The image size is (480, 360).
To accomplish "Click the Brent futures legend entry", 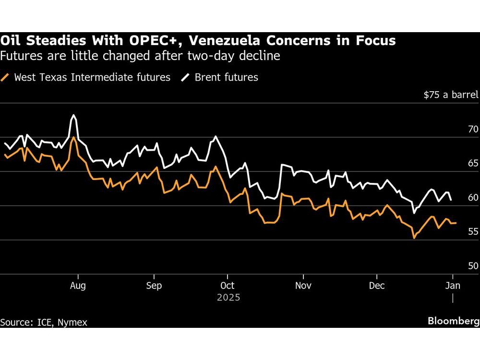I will [x=226, y=77].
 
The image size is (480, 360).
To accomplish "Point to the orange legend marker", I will [x=6, y=77].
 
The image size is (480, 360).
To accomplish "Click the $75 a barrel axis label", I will [x=451, y=95].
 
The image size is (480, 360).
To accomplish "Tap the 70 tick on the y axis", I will [x=473, y=129].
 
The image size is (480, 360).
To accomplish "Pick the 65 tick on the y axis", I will [x=473, y=163].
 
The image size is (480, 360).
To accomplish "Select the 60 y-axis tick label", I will [x=473, y=197].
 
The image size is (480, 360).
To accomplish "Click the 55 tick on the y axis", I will [x=473, y=231].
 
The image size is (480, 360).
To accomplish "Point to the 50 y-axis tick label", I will [x=473, y=265].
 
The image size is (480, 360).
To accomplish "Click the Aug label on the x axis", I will [x=78, y=286].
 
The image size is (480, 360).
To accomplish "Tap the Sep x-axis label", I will [x=154, y=286].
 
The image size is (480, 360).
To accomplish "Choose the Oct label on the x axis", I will [x=228, y=286].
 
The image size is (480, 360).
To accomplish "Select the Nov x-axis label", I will [x=303, y=286].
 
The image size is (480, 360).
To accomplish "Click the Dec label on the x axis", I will [x=377, y=286].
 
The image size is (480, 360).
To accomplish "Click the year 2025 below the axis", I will [x=228, y=298].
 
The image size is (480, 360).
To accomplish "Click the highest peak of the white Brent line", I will [x=73, y=115].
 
